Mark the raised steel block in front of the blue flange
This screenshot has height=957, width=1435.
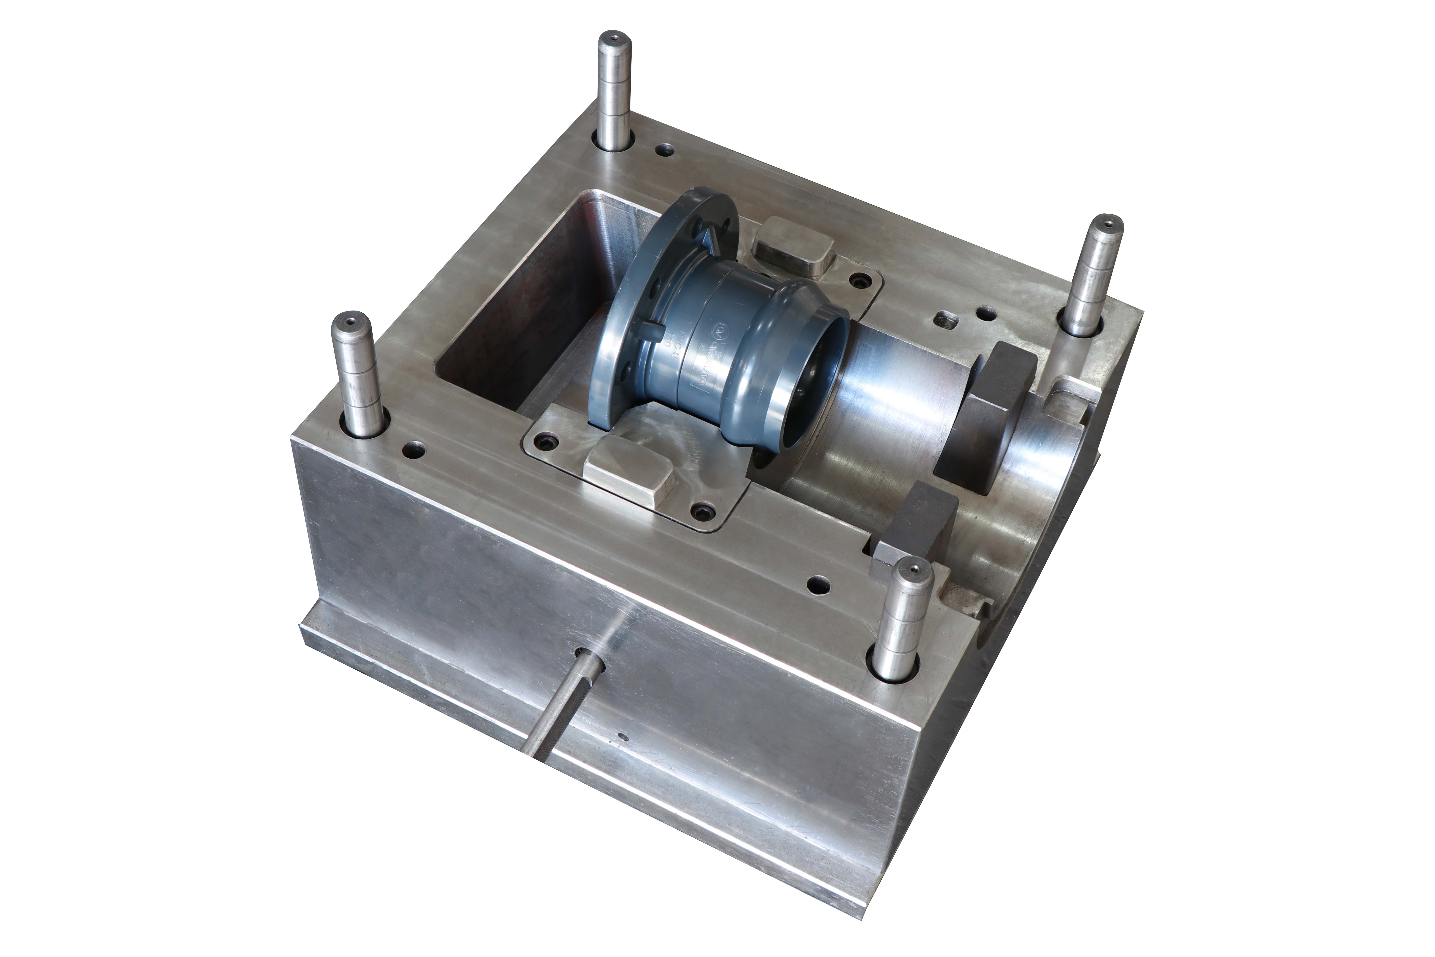click(629, 467)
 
